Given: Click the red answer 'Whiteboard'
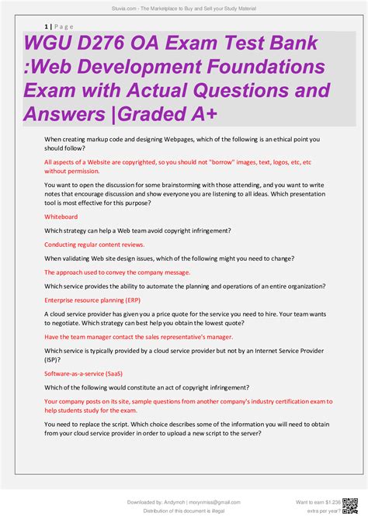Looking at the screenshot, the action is coord(61,217).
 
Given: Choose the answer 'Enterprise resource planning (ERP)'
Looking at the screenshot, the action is coord(92,300).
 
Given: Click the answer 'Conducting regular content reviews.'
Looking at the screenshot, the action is coord(94,244).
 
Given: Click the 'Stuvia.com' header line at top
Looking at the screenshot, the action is coord(184,8).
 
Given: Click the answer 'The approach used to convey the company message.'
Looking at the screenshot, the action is coord(117,272).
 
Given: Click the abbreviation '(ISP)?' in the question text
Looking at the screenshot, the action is coord(55,360).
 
